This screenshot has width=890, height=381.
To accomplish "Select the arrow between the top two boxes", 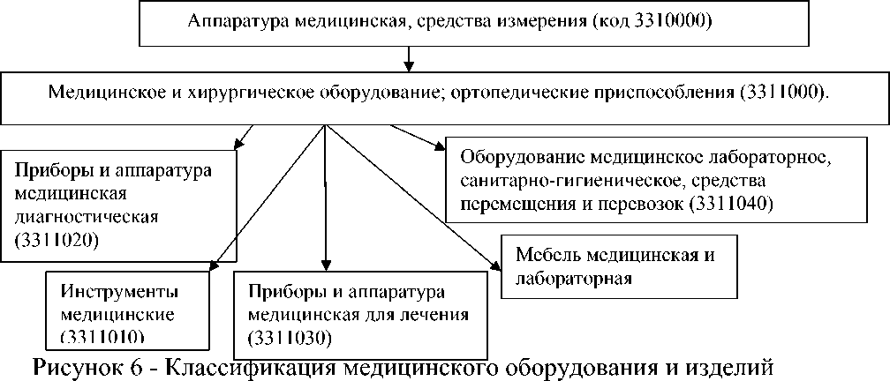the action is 409,58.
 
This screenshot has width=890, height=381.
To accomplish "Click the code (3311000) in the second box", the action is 788,92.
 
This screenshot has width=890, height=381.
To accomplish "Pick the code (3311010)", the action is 102,336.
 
